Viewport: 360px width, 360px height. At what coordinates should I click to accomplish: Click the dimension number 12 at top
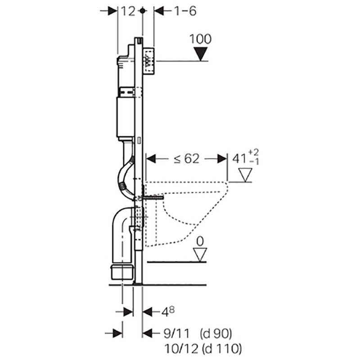pyautogui.click(x=128, y=11)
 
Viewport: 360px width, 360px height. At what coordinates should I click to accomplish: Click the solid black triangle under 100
pyautogui.click(x=200, y=54)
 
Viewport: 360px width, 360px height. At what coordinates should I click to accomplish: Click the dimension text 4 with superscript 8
pyautogui.click(x=168, y=311)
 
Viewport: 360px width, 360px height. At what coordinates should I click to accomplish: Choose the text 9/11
pyautogui.click(x=174, y=333)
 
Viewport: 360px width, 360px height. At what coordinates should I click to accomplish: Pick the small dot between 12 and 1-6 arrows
pyautogui.click(x=143, y=11)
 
